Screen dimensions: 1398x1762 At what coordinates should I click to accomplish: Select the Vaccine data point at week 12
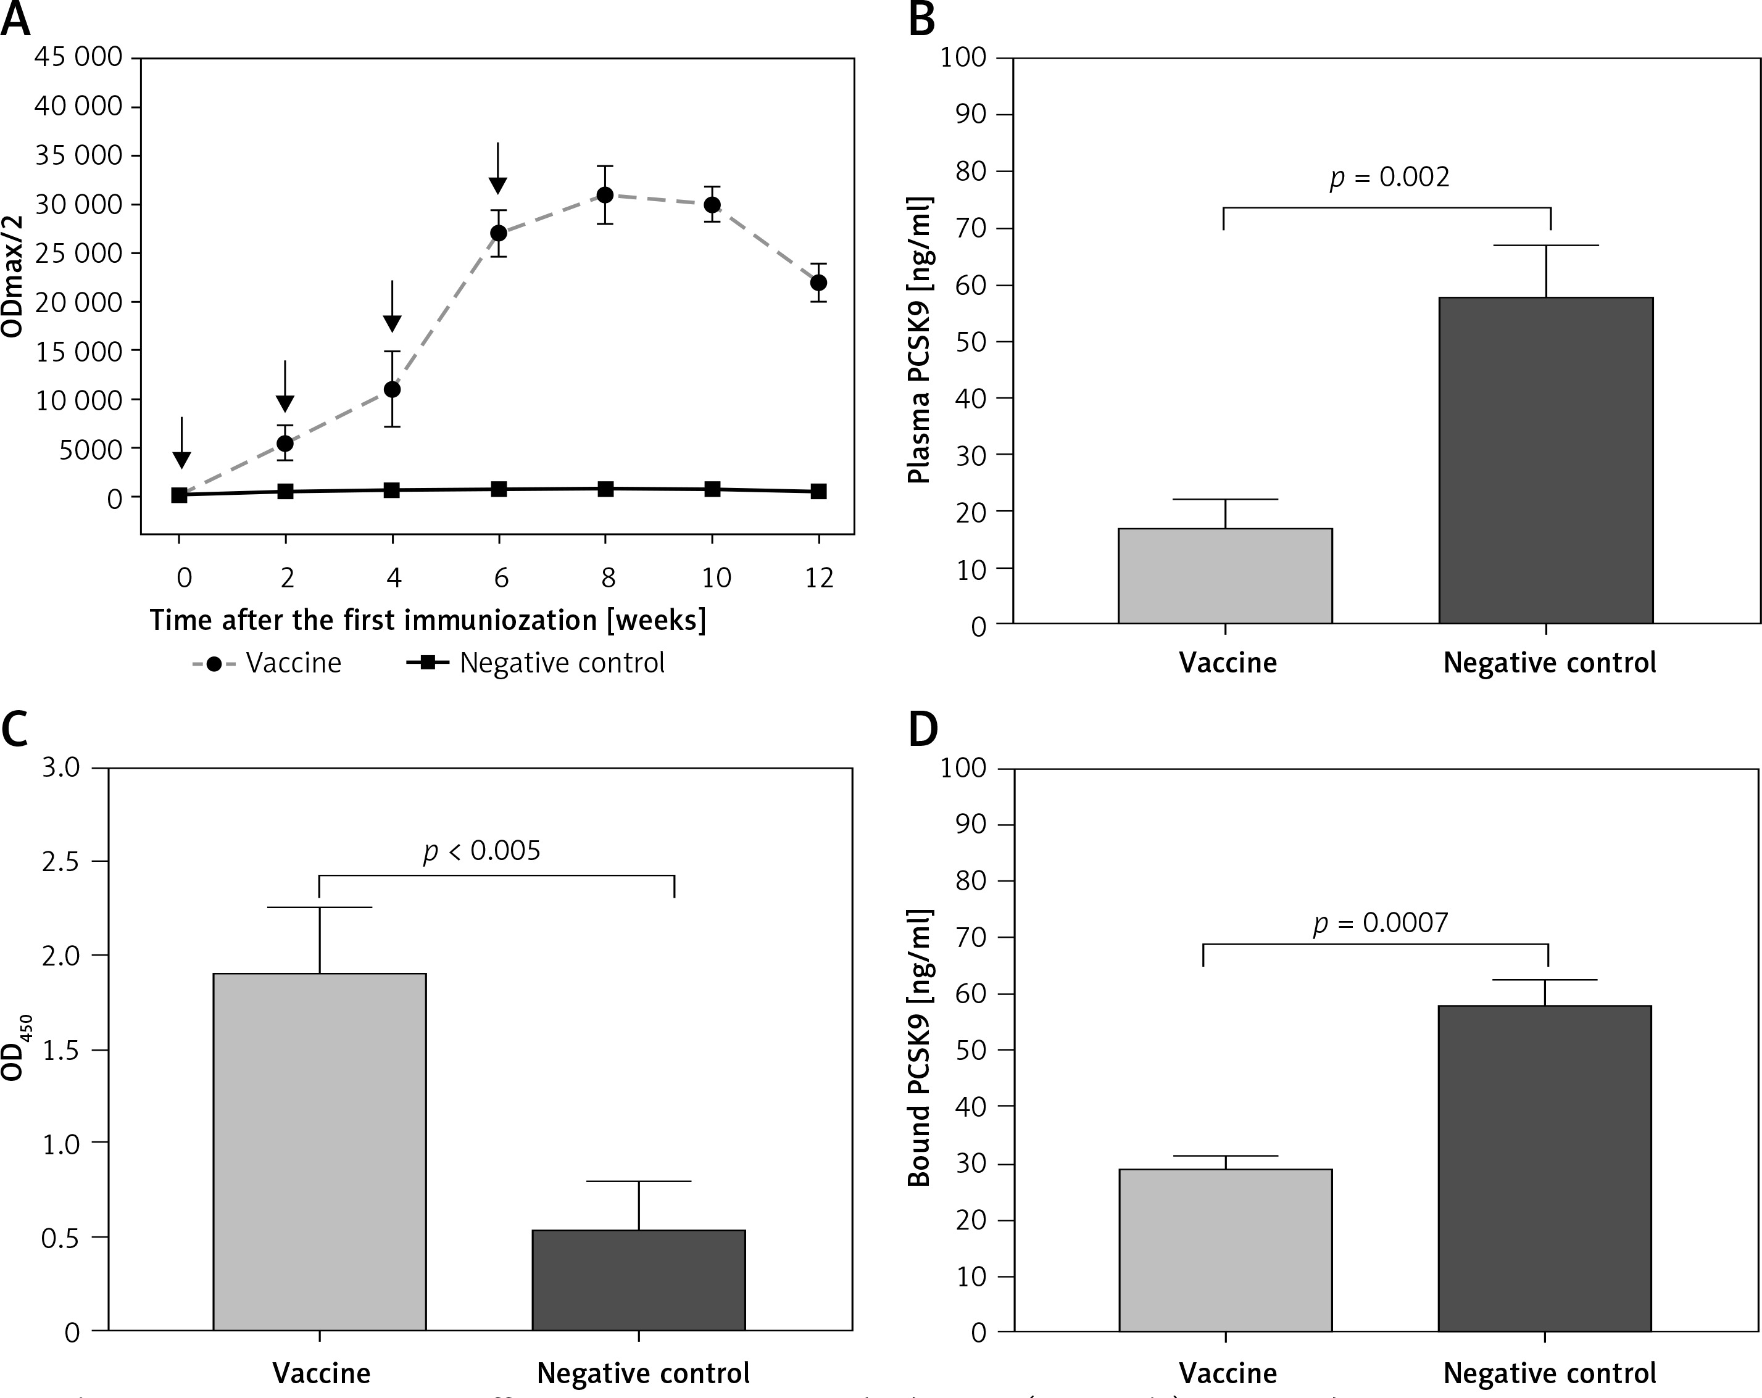click(x=818, y=283)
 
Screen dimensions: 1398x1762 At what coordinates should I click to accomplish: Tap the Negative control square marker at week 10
click(x=712, y=489)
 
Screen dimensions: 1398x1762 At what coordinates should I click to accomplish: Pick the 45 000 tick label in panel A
click(x=78, y=57)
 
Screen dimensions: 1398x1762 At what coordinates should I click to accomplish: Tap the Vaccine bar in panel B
click(x=1225, y=576)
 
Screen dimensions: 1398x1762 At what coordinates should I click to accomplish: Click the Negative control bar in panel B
click(x=1545, y=460)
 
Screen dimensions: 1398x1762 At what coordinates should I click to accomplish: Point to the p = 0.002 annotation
click(x=1389, y=177)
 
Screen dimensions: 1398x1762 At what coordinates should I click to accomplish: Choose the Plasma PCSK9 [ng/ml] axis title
click(x=920, y=341)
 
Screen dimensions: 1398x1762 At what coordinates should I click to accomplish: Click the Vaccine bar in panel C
click(x=320, y=1151)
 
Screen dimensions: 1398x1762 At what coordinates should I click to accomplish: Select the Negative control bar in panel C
click(x=638, y=1280)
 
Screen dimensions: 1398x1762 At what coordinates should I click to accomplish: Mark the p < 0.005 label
click(x=481, y=851)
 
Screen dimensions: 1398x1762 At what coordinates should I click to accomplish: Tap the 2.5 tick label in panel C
click(x=61, y=861)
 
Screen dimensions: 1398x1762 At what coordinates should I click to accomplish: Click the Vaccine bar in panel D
click(x=1225, y=1249)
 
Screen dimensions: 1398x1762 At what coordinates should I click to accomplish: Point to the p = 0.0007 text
click(x=1381, y=924)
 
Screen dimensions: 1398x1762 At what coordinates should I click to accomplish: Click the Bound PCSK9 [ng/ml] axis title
click(x=920, y=1048)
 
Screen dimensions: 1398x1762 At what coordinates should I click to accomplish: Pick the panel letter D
click(x=923, y=730)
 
